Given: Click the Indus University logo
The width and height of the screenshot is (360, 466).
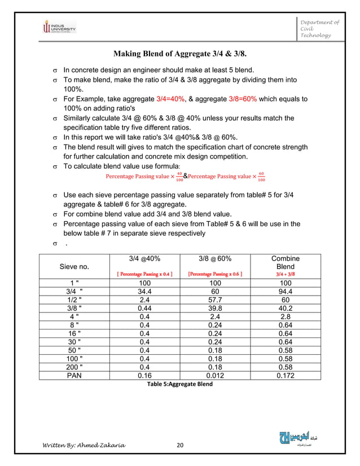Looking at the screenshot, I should [x=59, y=27].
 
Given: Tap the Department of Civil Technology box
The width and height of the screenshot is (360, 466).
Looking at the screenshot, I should [x=319, y=29].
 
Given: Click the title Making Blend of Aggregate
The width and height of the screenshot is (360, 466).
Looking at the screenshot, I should [x=180, y=54].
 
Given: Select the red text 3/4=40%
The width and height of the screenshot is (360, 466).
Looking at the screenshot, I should [x=171, y=99].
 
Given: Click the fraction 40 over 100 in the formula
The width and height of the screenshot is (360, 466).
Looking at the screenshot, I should [x=179, y=177].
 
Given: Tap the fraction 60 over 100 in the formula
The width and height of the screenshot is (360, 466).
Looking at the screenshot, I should [x=260, y=177].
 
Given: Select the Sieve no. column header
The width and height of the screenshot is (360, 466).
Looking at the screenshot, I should [x=76, y=266].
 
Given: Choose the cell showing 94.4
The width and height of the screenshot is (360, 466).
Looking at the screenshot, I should [x=286, y=292].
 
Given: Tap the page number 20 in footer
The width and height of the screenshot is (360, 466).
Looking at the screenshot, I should [x=180, y=445].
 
